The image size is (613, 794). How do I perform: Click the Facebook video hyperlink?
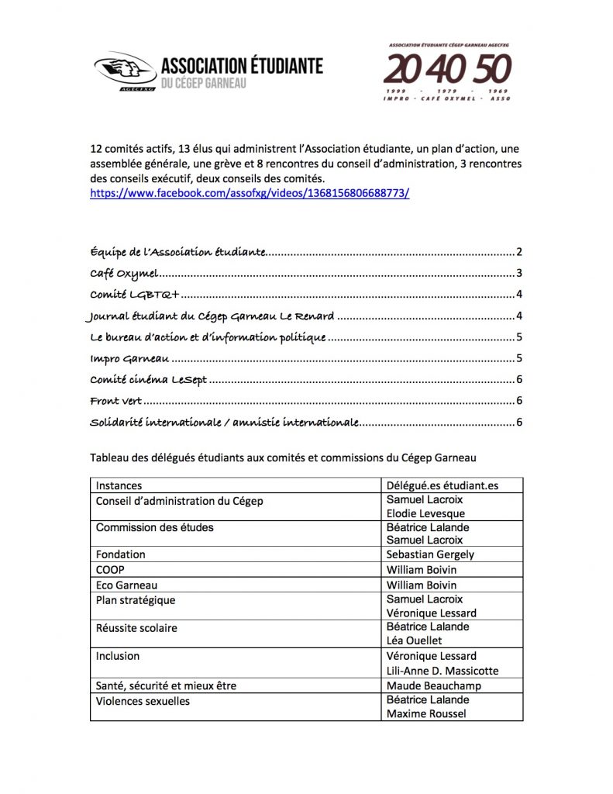tap(249, 194)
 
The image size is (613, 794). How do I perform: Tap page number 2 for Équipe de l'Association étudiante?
tap(520, 252)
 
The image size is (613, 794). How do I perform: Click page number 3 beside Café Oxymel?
tap(520, 274)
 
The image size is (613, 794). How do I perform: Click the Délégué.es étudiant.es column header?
tap(442, 486)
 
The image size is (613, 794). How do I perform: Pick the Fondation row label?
tap(120, 555)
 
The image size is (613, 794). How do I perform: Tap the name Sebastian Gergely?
tap(430, 555)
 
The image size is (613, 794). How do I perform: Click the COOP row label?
tap(110, 570)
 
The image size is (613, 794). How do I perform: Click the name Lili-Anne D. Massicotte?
tap(443, 671)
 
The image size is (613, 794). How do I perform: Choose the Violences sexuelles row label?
tap(143, 702)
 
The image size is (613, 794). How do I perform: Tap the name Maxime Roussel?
tap(426, 714)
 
